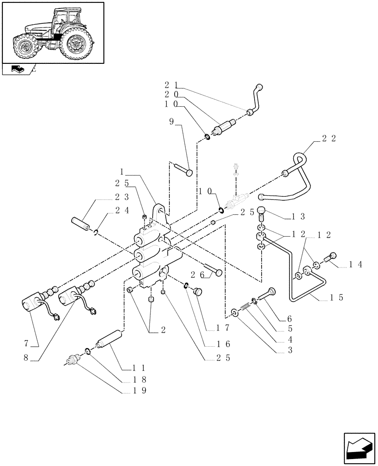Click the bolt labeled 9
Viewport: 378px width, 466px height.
(x=184, y=170)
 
